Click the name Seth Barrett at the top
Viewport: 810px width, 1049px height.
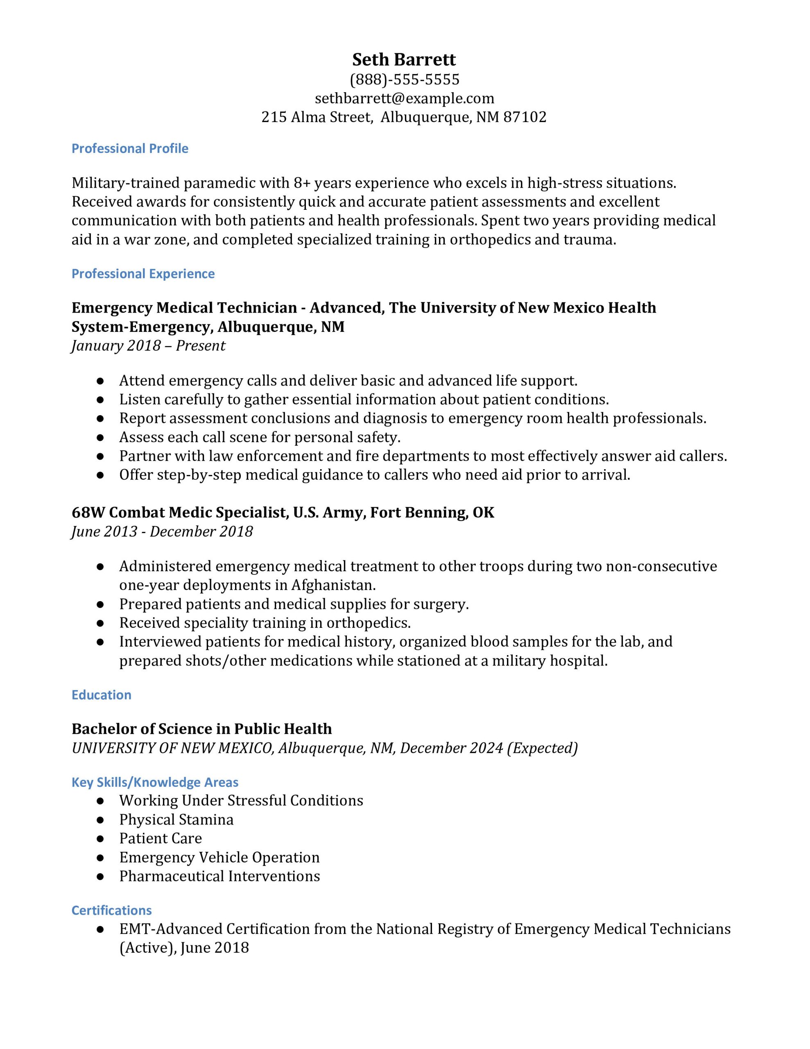click(404, 59)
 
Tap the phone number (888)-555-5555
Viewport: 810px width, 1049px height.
click(404, 79)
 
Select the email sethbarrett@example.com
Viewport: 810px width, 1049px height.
click(404, 98)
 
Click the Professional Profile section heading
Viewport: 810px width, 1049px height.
click(130, 148)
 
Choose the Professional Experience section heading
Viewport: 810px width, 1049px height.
click(143, 274)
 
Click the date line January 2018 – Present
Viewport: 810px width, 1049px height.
click(148, 346)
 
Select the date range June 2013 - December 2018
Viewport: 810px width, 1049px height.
click(162, 532)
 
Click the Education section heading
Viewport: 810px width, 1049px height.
click(101, 695)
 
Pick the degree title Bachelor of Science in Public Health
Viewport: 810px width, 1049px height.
click(201, 729)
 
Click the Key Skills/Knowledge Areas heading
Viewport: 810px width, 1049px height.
click(155, 782)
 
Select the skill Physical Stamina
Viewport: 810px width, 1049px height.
click(176, 820)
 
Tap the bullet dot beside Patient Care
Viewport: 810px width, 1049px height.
click(100, 839)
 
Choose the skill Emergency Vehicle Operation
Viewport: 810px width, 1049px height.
click(219, 857)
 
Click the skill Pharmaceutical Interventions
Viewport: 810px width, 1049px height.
click(219, 876)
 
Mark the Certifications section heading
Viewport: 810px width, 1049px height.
click(111, 910)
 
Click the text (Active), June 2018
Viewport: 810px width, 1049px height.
click(184, 948)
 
